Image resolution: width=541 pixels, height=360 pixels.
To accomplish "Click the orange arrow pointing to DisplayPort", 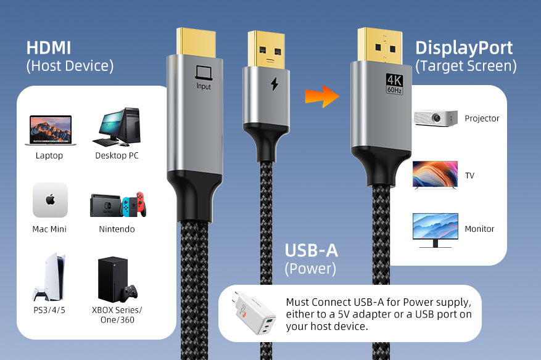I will [x=323, y=96].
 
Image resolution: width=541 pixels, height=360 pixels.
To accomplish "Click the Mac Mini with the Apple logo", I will [x=50, y=200].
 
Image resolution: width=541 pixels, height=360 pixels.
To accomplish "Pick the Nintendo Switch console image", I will [x=118, y=205].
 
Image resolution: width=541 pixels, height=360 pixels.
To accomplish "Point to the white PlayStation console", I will [x=49, y=277].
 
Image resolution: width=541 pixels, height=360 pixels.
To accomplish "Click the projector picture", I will [x=436, y=118].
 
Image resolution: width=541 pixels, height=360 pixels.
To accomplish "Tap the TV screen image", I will [x=435, y=174].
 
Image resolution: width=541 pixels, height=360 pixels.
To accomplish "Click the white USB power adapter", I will [x=256, y=313].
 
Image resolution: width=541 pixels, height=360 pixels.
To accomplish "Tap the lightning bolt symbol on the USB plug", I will [x=275, y=84].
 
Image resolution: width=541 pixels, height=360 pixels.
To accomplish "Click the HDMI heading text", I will [x=49, y=47].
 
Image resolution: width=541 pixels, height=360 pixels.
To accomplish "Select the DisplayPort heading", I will [x=463, y=48].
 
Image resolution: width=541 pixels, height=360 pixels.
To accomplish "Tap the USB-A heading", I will [x=311, y=251].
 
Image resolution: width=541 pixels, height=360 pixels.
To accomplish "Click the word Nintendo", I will [x=117, y=229].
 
